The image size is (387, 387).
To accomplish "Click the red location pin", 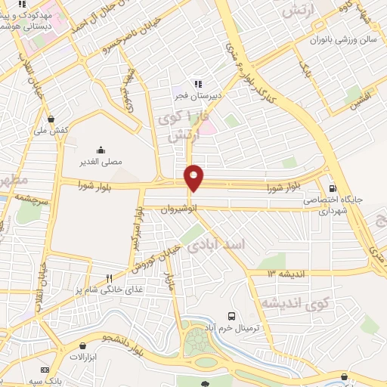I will click(194, 178).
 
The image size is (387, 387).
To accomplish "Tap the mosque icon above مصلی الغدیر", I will click(101, 150).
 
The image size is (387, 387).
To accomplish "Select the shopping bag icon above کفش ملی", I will click(51, 119).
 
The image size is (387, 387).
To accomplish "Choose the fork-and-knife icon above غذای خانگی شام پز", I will click(110, 277).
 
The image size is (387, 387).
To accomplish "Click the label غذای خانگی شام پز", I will click(107, 289).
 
